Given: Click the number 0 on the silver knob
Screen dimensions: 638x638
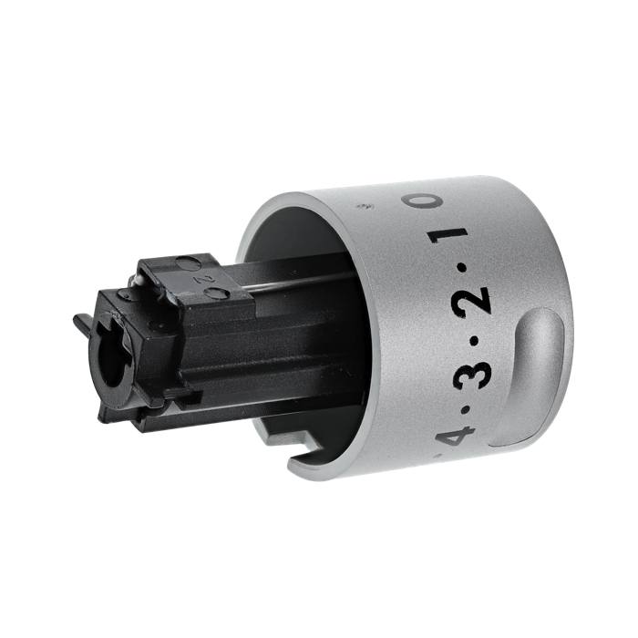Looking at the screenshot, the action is (421, 201).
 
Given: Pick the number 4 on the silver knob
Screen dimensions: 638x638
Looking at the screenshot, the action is (456, 435).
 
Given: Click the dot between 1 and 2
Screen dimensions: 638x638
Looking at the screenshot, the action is (463, 268).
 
